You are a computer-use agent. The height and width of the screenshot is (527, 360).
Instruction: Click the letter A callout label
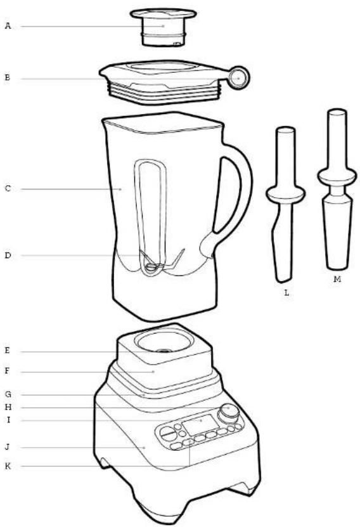(x=8, y=26)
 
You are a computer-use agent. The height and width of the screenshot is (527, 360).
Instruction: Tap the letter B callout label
(x=8, y=77)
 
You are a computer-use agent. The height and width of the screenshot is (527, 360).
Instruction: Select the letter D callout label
(x=8, y=256)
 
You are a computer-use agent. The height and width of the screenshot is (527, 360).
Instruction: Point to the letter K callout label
(x=8, y=466)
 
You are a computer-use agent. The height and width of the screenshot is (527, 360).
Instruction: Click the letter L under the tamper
(x=286, y=293)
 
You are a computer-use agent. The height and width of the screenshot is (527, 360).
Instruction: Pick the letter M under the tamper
(x=337, y=279)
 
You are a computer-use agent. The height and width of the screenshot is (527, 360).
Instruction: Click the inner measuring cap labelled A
(x=164, y=27)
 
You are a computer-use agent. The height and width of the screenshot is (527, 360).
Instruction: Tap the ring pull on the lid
(x=238, y=77)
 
